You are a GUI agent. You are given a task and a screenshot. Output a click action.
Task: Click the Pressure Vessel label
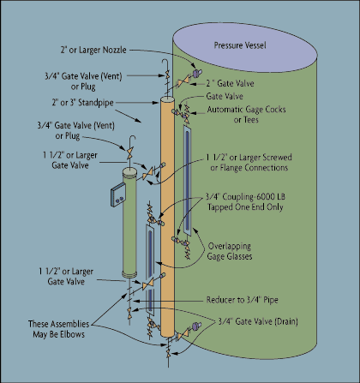[x=240, y=45]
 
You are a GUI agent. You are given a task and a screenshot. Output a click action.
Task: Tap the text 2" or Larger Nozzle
[x=93, y=50]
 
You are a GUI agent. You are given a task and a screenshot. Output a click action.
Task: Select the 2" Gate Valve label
[x=231, y=83]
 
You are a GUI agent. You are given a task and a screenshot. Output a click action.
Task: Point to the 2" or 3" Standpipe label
[x=82, y=103]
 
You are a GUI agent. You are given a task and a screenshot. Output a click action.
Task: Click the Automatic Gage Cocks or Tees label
[x=246, y=114]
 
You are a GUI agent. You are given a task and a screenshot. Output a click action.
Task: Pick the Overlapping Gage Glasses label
[x=230, y=251]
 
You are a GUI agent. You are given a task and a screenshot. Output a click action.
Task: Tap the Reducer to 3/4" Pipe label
[x=243, y=300]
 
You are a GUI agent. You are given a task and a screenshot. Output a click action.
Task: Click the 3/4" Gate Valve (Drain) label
[x=258, y=321]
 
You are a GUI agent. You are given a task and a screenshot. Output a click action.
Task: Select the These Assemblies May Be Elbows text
[x=58, y=329]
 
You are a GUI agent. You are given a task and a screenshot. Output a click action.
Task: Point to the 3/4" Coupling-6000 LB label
[x=245, y=197]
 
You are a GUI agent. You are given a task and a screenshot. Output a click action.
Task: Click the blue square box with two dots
[x=118, y=194]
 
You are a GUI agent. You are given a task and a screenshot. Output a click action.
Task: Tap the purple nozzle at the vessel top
[x=196, y=73]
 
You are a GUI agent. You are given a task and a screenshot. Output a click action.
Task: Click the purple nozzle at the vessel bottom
[x=196, y=326]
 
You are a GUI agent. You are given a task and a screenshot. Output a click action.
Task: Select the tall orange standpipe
[x=167, y=217]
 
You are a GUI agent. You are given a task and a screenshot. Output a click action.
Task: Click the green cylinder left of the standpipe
[x=129, y=223]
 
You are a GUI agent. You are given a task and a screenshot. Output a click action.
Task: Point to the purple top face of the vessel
[x=245, y=47]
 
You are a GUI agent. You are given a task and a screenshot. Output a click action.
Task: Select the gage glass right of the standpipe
[x=188, y=181]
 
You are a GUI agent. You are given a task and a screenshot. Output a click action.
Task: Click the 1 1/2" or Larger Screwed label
[x=249, y=158]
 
